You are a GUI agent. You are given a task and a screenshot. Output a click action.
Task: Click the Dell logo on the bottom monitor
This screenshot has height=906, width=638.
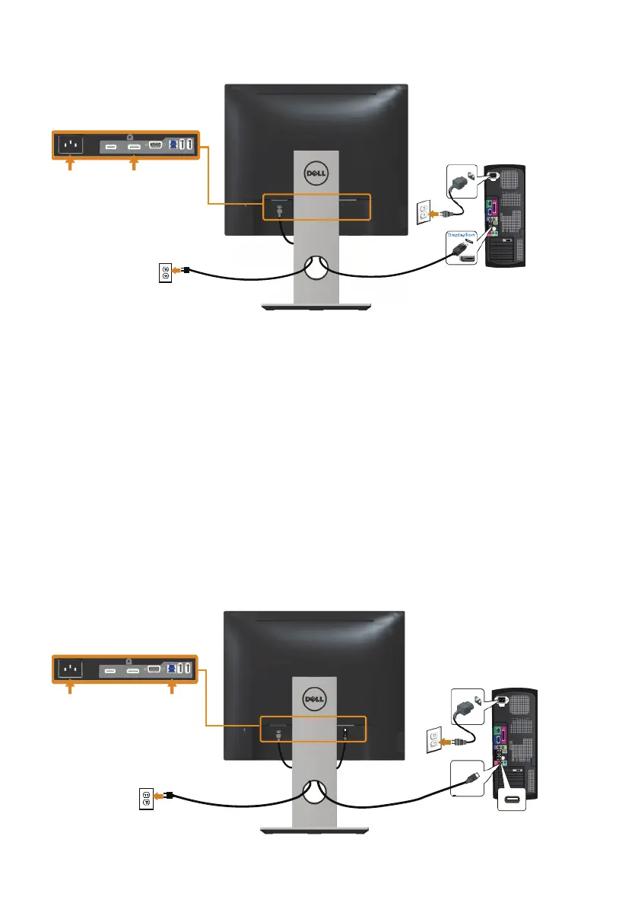click(x=313, y=698)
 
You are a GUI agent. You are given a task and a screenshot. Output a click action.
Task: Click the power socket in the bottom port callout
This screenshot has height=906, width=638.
click(x=70, y=669)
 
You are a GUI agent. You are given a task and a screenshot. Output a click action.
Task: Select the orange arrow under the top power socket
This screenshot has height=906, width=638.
click(x=70, y=164)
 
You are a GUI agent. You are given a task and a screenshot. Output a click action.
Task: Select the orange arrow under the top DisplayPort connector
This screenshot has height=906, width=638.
click(x=134, y=164)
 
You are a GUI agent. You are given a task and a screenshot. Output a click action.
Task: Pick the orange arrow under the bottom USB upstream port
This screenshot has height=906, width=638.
click(x=172, y=689)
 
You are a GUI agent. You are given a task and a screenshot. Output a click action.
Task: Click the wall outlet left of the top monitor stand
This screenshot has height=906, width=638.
click(x=163, y=272)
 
